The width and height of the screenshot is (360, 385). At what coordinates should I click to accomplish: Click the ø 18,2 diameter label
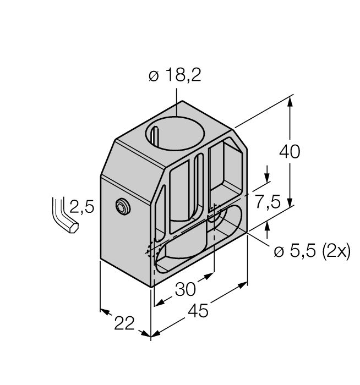coord(175,76)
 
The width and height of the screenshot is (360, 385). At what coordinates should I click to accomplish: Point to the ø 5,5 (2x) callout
coord(312,251)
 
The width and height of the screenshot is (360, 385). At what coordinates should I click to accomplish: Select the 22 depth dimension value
coord(124,323)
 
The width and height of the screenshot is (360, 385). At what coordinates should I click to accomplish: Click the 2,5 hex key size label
coord(83,207)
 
